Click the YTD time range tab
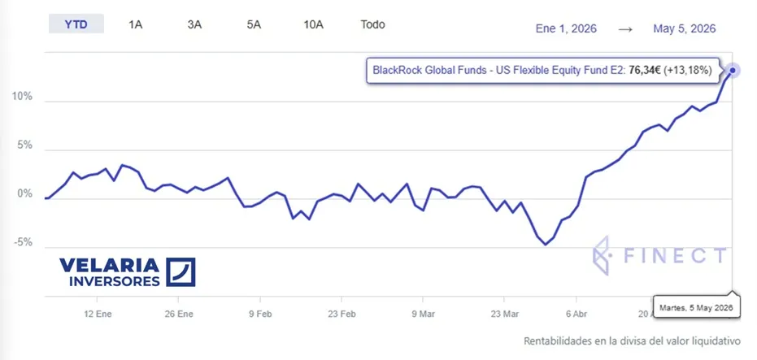tap(76, 24)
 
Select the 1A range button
tap(135, 24)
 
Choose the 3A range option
tap(194, 24)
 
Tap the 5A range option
tap(254, 24)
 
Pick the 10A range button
tap(313, 24)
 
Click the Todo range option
tap(372, 24)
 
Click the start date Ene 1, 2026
tap(566, 29)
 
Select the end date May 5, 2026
tap(685, 29)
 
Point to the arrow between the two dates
tap(625, 29)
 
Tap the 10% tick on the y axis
tap(22, 97)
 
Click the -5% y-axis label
tap(22, 243)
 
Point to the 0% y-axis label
tap(25, 194)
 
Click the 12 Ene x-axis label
tap(98, 314)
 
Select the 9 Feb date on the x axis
tap(260, 314)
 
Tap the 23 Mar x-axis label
tap(504, 314)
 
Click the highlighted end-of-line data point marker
tap(733, 71)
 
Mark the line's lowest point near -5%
tap(546, 244)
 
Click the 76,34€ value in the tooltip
tap(644, 71)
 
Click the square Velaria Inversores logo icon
tap(181, 272)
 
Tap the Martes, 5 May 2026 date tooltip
tap(697, 307)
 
